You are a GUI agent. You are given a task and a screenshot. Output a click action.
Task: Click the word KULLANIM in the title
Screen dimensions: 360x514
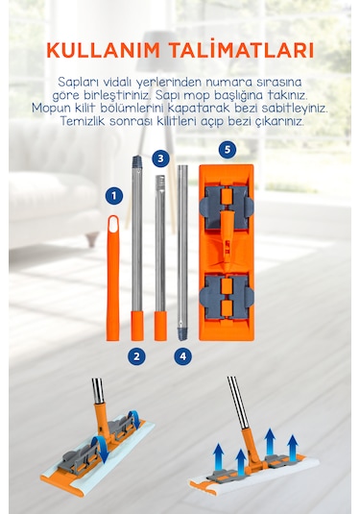104,50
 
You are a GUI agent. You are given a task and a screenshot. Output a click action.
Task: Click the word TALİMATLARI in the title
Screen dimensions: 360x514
241,49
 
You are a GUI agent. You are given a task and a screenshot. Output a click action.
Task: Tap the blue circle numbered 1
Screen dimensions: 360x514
114,196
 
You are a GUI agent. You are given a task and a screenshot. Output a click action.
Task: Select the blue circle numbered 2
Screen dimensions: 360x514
136,356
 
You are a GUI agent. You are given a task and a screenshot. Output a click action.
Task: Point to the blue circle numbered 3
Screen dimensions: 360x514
160,159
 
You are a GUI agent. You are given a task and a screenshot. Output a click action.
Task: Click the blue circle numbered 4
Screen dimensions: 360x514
182,356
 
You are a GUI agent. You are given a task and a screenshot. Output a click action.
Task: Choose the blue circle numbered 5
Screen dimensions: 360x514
228,150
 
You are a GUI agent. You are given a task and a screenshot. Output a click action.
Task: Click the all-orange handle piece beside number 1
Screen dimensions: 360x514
113,278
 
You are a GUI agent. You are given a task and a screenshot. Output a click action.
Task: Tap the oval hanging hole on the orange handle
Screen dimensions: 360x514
113,224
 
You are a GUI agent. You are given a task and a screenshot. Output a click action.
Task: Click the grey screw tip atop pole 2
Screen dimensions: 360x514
137,162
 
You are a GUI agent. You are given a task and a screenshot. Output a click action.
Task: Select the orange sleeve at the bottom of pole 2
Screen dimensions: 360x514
137,326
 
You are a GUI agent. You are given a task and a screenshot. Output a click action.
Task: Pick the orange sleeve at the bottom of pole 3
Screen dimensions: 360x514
160,326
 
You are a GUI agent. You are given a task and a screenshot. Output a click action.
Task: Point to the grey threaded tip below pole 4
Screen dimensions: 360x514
182,333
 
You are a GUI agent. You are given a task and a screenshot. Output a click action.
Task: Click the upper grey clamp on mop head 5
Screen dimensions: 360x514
227,208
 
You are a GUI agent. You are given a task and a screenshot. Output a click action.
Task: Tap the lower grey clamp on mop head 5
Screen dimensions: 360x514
227,298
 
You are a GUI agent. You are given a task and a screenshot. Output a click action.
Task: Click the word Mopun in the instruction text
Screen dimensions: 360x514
50,108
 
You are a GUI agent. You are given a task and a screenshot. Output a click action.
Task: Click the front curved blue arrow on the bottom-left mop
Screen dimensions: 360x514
100,450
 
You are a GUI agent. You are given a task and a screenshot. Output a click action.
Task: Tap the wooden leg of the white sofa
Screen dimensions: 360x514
92,239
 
